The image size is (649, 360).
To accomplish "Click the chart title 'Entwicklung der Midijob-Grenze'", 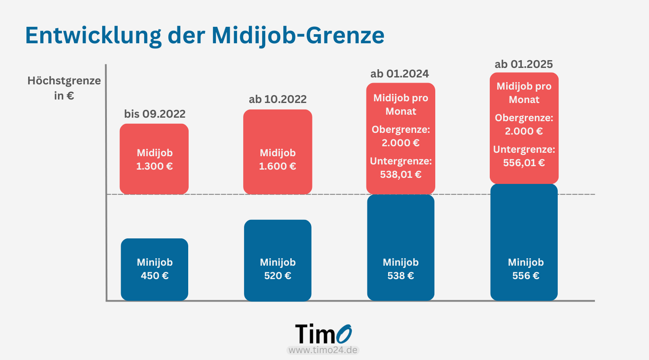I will point(205,35).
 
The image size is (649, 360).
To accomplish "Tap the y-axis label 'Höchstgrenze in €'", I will point(64,88).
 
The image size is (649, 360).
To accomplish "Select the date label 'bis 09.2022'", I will point(154,114).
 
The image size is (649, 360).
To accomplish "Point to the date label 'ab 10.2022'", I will point(277,99).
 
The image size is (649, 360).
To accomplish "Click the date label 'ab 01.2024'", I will point(399,74).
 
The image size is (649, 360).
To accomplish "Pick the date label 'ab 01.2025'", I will point(524,64).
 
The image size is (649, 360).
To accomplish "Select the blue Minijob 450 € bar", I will point(154,269).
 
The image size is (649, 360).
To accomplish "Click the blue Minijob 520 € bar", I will point(277,260).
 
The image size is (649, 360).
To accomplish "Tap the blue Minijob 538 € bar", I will point(401,247).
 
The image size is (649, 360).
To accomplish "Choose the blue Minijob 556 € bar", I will point(524,242).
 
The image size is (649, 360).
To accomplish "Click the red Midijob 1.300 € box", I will point(154,159).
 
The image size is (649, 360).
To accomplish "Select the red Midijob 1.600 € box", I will point(277,151).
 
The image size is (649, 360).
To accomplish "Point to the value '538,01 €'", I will point(401,174).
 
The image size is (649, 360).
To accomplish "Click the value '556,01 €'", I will point(524,163).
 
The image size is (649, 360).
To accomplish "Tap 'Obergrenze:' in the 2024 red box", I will point(401,129).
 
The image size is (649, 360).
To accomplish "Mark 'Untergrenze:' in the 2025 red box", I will point(524,149).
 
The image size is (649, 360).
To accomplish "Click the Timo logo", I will point(323,334).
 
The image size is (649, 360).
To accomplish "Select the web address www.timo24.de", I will point(323,350).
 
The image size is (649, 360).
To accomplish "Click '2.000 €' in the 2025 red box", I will point(524,131).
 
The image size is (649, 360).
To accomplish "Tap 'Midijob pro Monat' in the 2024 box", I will point(401,104).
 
